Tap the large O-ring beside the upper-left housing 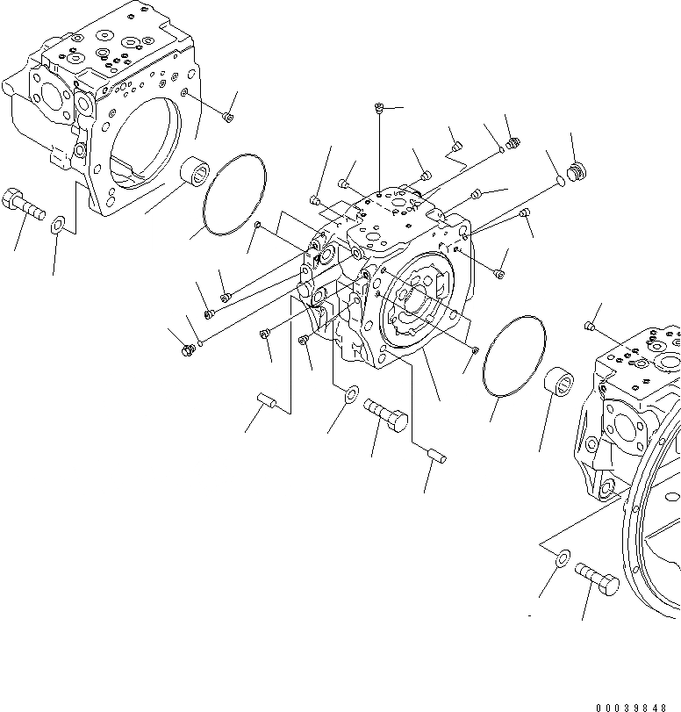[233, 194]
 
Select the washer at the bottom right [561, 557]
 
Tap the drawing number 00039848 [636, 706]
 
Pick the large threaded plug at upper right [576, 172]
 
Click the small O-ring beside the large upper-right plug [560, 182]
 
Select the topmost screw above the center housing [377, 108]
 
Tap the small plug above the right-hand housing [590, 327]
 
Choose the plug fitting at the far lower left [186, 350]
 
